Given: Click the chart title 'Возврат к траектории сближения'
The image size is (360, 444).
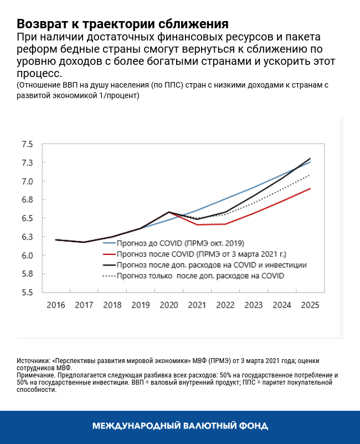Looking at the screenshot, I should click(122, 24).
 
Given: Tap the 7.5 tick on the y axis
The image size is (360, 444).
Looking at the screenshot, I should click(27, 145).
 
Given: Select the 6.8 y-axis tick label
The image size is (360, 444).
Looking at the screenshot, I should click(27, 200).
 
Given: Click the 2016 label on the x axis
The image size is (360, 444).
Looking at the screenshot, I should click(55, 305).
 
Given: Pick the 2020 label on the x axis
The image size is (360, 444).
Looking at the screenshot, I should click(168, 305).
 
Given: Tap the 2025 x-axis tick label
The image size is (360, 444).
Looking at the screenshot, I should click(310, 305).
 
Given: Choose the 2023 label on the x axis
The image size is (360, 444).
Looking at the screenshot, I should click(253, 305).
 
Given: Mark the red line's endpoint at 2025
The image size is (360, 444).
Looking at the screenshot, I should click(310, 188).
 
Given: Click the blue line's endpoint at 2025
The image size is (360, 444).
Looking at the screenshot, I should click(310, 162).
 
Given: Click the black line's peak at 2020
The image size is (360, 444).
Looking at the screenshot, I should click(168, 212).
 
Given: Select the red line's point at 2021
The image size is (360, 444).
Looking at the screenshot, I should click(197, 224).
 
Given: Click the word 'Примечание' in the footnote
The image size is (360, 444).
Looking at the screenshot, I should click(37, 375).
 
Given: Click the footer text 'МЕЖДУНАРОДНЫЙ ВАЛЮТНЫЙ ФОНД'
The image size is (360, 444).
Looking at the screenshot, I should click(180, 426).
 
